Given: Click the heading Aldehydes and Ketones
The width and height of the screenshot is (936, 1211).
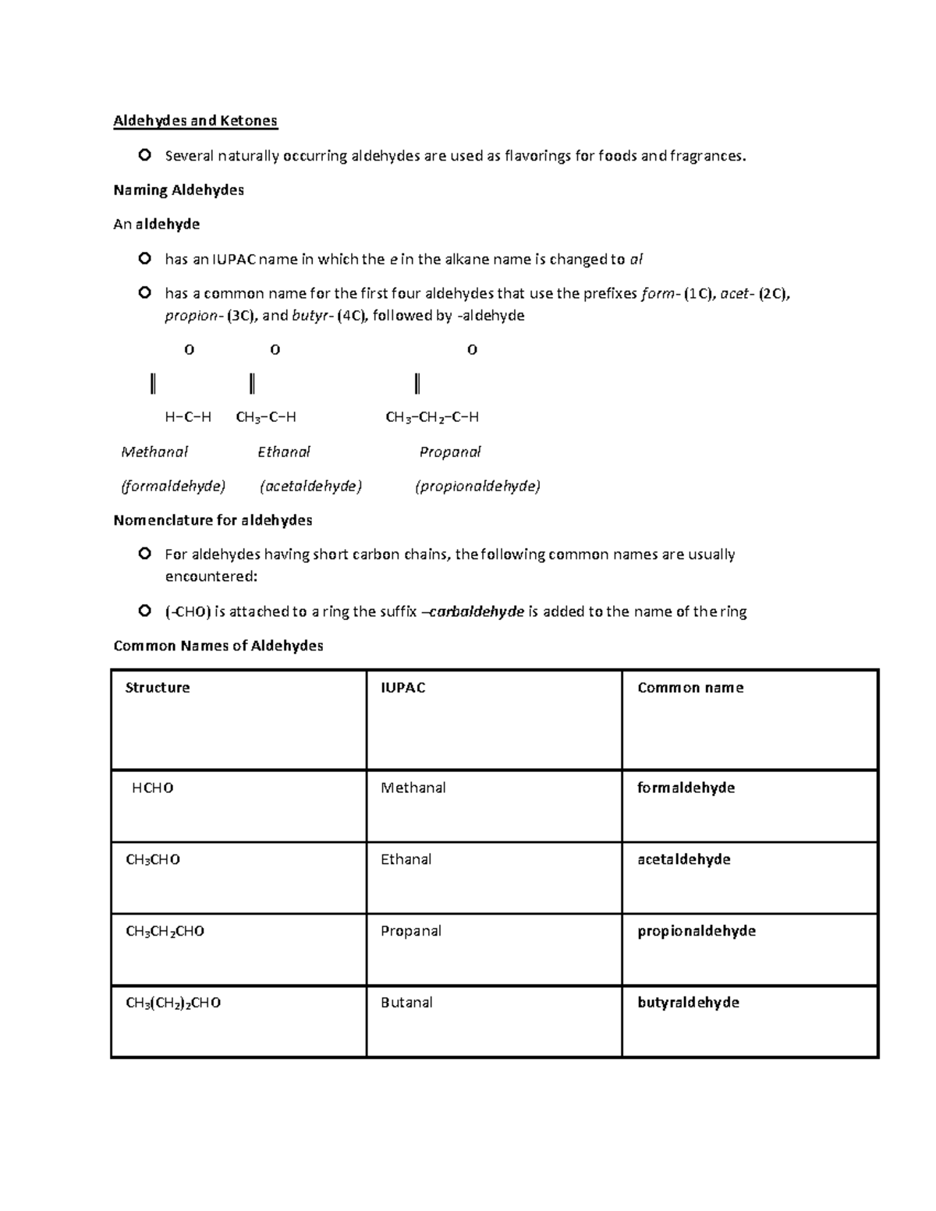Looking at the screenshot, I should coord(195,121).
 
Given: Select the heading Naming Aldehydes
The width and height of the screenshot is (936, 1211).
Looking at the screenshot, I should coord(179,190).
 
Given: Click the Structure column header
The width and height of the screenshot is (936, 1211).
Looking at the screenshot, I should coord(158,688).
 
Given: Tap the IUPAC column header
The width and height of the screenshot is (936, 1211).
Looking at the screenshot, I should coord(402,688).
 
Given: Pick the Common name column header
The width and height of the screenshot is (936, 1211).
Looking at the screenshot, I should coord(690,688).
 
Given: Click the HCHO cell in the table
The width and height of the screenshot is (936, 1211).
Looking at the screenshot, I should coord(153,788).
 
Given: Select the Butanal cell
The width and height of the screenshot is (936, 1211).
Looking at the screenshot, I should coord(406,1003).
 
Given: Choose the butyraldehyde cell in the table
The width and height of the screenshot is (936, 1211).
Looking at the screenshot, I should coord(688,1003).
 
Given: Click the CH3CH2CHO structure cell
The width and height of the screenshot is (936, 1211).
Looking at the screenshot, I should coord(165,931).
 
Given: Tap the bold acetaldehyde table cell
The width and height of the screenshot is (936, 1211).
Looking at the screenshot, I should coord(684,859).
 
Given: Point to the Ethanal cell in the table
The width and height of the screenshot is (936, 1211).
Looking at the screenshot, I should coord(406,859).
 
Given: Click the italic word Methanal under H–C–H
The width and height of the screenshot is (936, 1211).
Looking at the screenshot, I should coord(154,452).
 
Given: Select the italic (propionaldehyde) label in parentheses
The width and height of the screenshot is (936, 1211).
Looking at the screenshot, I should coord(477,487).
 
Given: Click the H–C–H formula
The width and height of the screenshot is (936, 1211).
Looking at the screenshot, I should coord(188,417).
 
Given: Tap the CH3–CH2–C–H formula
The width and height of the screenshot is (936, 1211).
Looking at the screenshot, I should coord(432,417).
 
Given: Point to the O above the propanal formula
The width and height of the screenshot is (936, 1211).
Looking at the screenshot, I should coord(472,350).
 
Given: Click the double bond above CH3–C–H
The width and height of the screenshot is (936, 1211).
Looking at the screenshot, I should coord(252,384).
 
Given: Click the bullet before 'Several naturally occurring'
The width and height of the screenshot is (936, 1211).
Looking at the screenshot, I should coord(144,156).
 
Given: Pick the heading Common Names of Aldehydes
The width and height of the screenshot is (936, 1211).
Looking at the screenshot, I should coord(218,646).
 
